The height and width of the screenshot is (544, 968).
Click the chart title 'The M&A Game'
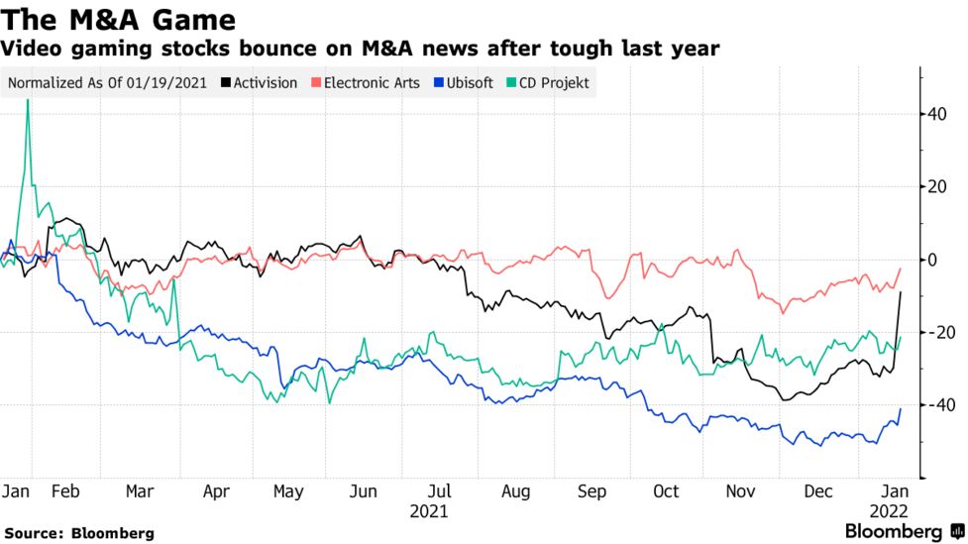(119, 20)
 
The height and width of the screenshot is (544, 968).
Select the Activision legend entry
(263, 82)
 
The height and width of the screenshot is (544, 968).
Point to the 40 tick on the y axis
(936, 114)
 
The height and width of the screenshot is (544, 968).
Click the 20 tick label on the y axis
(936, 186)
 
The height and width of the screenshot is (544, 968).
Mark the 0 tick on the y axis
(932, 260)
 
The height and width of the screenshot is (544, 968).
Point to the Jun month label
(364, 491)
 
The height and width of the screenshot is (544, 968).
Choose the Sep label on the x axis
(592, 491)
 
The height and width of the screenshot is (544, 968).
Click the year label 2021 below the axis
(430, 511)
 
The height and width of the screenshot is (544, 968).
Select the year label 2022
(888, 511)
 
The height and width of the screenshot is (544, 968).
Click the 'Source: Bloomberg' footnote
(78, 533)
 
